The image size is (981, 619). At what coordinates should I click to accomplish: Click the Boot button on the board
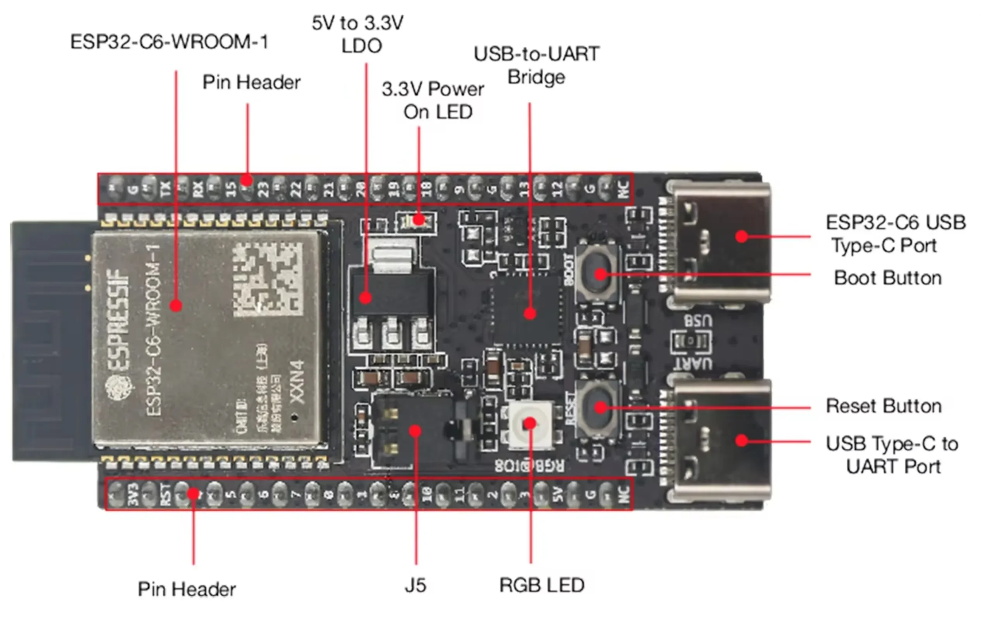click(x=597, y=273)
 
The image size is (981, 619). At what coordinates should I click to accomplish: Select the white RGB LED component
click(x=529, y=424)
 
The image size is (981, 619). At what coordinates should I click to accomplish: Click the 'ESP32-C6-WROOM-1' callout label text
click(x=169, y=42)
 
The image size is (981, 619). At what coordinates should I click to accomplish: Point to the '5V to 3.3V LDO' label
click(x=358, y=34)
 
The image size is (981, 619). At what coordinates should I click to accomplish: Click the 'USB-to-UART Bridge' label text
click(x=536, y=65)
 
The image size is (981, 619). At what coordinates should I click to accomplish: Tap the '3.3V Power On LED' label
click(x=434, y=100)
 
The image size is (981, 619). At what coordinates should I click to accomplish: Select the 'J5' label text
click(x=415, y=586)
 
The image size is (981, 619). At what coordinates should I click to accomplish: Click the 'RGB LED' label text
click(x=542, y=586)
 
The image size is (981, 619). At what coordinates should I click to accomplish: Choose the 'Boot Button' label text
click(x=888, y=278)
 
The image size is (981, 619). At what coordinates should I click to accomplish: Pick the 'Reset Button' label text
click(x=883, y=406)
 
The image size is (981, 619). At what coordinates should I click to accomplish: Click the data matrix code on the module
click(x=268, y=279)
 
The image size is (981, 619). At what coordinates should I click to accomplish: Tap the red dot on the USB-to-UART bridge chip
click(x=530, y=314)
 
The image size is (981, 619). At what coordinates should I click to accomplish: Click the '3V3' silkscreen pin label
click(x=133, y=495)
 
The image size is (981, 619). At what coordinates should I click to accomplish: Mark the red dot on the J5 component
click(x=415, y=431)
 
